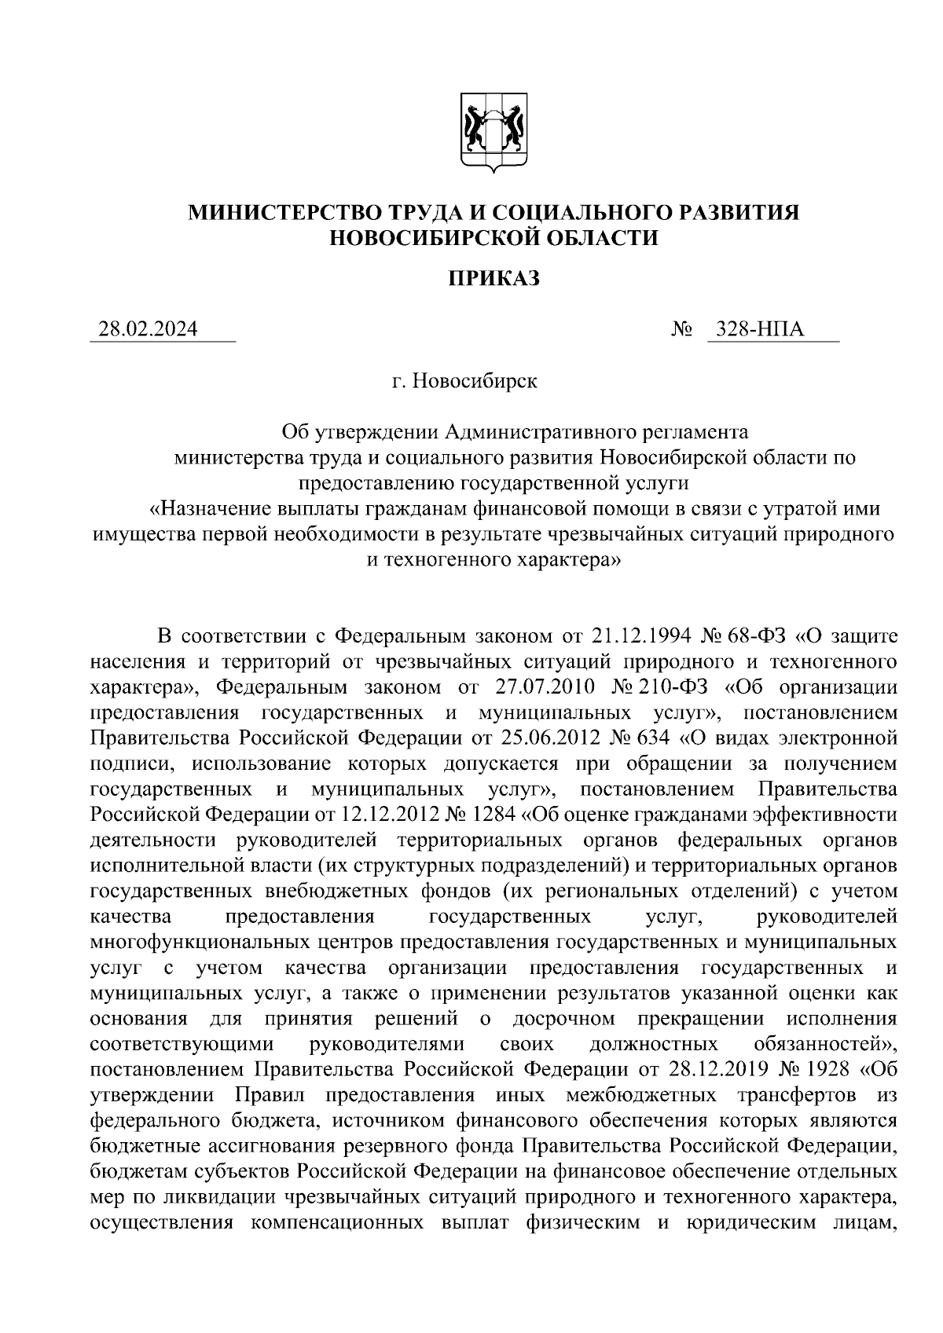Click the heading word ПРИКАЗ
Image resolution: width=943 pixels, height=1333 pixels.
pyautogui.click(x=494, y=279)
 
